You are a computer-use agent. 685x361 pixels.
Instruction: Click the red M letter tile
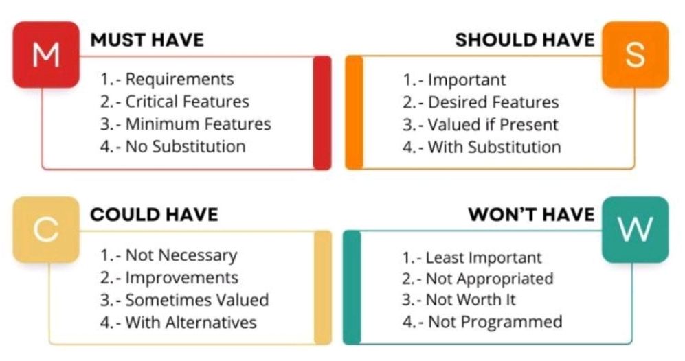click(46, 55)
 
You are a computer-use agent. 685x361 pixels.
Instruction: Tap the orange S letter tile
click(636, 55)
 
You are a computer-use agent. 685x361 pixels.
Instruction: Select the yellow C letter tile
click(46, 230)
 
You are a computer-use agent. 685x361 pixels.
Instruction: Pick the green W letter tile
click(636, 230)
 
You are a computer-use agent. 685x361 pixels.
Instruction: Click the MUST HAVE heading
click(147, 40)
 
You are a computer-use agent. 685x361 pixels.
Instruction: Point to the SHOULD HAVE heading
click(525, 40)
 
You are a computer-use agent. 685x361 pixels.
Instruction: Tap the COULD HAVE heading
click(154, 215)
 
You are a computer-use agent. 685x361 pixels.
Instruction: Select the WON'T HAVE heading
click(531, 215)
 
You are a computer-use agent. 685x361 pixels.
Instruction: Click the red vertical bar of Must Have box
click(322, 113)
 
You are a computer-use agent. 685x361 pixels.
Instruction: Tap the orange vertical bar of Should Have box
click(355, 112)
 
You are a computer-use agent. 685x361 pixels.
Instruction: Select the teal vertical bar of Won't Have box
click(352, 288)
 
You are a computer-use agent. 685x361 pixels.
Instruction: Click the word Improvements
click(182, 278)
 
